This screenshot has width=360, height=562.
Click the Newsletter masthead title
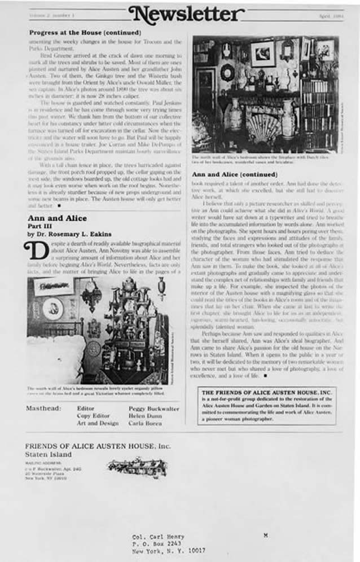[x=187, y=14]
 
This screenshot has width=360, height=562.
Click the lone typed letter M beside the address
[x=266, y=533]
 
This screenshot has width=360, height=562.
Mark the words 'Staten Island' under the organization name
[x=48, y=454]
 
